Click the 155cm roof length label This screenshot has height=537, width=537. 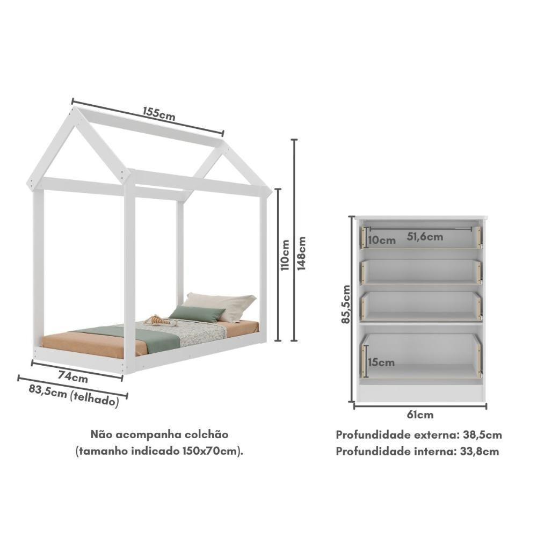tap(159, 113)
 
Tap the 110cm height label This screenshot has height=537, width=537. tap(285, 254)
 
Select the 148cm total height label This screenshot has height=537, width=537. tap(302, 253)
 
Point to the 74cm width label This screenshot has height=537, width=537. tap(73, 377)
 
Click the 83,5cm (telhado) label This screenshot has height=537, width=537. tap(74, 397)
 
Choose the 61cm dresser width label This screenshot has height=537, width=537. tap(420, 415)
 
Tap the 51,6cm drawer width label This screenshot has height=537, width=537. tap(425, 236)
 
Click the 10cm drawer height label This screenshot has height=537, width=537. tap(382, 240)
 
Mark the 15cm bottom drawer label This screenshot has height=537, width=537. tap(382, 362)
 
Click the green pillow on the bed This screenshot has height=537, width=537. tap(198, 314)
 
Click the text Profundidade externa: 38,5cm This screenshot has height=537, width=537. tap(419, 434)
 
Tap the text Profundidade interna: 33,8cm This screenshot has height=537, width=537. tap(417, 451)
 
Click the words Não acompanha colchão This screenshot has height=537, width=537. tap(159, 434)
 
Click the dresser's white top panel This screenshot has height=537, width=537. tap(421, 217)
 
